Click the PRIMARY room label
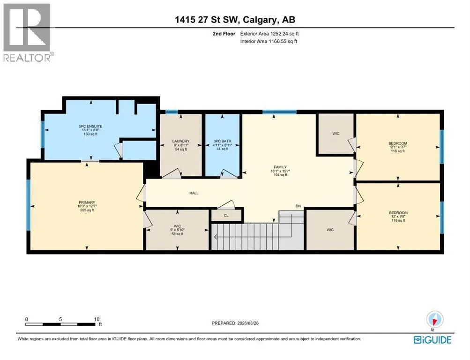point(87,202)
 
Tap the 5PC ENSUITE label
point(90,127)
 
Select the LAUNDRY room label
point(181,141)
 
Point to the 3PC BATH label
point(223,141)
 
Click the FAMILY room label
point(280,167)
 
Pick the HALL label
point(194,193)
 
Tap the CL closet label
point(226,216)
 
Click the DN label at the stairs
point(298,206)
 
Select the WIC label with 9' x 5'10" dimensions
point(178,226)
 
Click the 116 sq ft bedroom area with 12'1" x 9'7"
point(398,151)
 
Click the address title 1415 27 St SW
point(207,20)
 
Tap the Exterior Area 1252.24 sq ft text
point(269,34)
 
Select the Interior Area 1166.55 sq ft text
point(269,41)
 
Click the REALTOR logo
point(28,32)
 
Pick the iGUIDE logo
point(432,340)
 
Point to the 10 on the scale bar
point(97,319)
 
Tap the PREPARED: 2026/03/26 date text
point(235,323)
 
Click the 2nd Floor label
point(224,34)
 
